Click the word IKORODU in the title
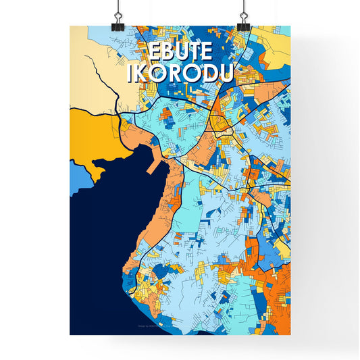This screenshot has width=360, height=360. click(x=180, y=74)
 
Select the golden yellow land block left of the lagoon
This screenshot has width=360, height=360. click(x=91, y=135)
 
